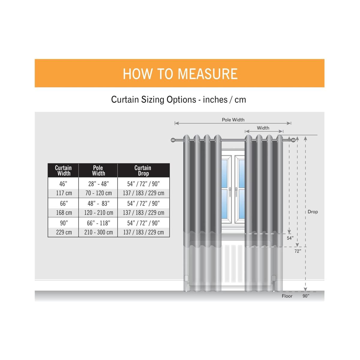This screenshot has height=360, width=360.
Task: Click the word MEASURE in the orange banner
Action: (x=208, y=74)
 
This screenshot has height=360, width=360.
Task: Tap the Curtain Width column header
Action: (x=63, y=170)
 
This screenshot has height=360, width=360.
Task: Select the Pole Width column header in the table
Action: (x=98, y=170)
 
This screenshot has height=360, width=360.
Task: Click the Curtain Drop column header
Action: (x=143, y=170)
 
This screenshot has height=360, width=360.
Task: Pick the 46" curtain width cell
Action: (x=63, y=184)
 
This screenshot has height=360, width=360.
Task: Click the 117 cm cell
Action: (x=64, y=193)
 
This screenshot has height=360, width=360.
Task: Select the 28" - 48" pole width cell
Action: (x=98, y=184)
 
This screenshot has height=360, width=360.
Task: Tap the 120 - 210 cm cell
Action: (x=98, y=212)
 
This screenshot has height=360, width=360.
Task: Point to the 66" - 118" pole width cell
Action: (x=98, y=223)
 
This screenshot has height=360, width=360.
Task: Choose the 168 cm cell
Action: (x=64, y=212)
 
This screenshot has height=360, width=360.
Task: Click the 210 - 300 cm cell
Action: (x=98, y=232)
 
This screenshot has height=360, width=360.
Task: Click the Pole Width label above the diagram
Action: (x=233, y=120)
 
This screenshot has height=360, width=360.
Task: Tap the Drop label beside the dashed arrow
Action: (x=313, y=212)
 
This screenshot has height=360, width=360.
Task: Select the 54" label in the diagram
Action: (x=290, y=238)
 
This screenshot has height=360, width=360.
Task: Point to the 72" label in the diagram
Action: (x=298, y=251)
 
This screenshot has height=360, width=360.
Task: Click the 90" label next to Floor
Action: (x=306, y=296)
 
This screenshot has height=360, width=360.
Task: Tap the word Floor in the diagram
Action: (x=287, y=296)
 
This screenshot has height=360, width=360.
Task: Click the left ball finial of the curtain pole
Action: (x=173, y=140)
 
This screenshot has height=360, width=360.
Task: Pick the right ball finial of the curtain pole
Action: (x=293, y=140)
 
